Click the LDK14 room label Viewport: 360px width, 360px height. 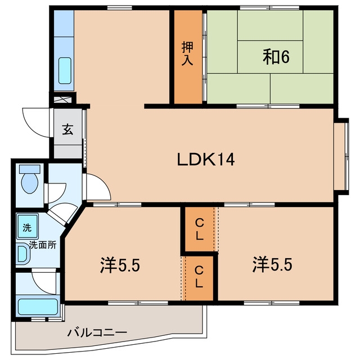click(206, 160)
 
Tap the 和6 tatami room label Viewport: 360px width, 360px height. click(276, 57)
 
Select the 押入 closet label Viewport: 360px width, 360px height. click(187, 53)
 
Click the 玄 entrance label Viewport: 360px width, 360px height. click(67, 129)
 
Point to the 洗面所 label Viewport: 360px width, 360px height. click(43, 245)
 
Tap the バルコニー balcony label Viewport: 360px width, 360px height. click(97, 332)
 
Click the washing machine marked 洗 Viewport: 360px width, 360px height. click(27, 226)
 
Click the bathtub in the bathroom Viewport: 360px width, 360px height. click(38, 307)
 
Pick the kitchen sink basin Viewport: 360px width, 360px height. click(65, 70)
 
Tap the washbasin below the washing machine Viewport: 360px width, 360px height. click(23, 254)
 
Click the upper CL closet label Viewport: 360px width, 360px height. click(199, 229)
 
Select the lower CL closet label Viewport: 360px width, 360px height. click(199, 277)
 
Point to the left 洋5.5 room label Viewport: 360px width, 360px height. click(120, 265)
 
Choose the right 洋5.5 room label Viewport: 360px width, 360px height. click(272, 265)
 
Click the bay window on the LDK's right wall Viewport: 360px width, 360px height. click(341, 156)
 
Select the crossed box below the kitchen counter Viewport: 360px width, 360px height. click(62, 100)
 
